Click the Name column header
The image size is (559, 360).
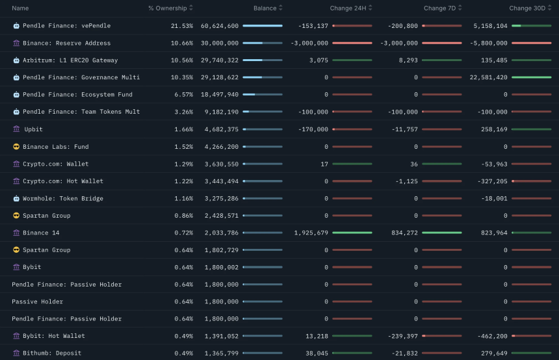(x=20, y=8)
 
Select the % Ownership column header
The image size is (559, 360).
(x=167, y=8)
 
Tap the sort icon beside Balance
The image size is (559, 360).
(x=281, y=8)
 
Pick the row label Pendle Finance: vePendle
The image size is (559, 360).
(x=66, y=26)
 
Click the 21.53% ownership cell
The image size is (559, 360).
(x=182, y=26)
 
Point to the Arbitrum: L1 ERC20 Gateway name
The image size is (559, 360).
(x=70, y=60)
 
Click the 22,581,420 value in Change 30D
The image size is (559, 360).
(x=488, y=77)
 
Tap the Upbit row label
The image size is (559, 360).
(x=33, y=129)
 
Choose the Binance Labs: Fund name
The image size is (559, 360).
(x=54, y=147)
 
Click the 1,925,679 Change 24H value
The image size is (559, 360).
(x=311, y=233)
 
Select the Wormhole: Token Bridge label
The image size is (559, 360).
(x=62, y=198)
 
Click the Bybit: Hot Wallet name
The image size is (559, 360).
(x=54, y=336)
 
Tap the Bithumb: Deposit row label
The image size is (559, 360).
(x=52, y=354)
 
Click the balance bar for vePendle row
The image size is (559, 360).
(x=263, y=26)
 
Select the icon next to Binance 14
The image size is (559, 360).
(x=16, y=233)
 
